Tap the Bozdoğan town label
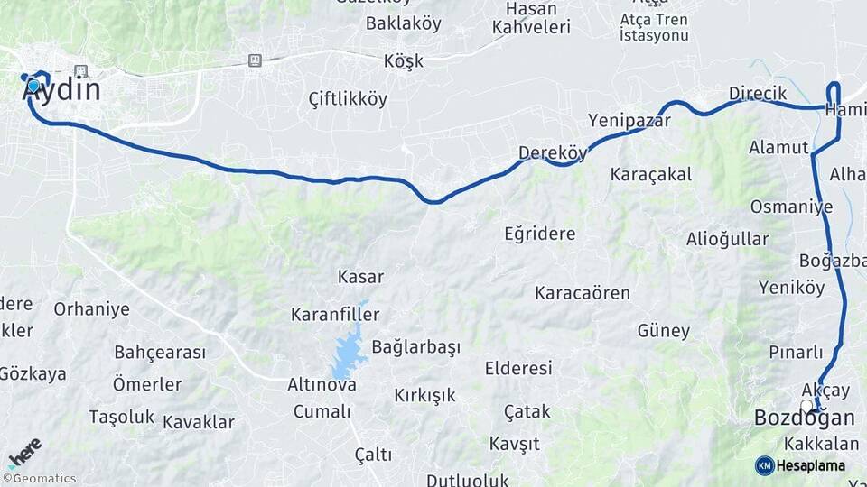[x=804, y=418]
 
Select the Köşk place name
[x=403, y=62]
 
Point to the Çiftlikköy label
[x=348, y=98]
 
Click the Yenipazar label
[x=629, y=120]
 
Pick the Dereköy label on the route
[x=553, y=152]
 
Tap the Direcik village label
[x=758, y=94]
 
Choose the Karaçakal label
[x=651, y=174]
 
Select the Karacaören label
[x=583, y=293]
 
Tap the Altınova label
[x=322, y=385]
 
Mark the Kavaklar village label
[x=199, y=422]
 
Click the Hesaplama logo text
[x=810, y=465]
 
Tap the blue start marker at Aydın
[x=34, y=86]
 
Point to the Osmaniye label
[x=791, y=207]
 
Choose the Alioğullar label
[x=727, y=239]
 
